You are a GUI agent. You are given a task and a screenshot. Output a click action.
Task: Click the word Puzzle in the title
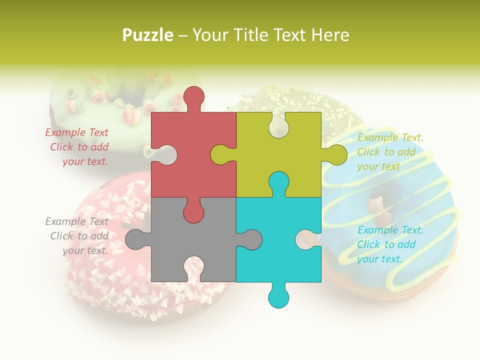pos(148,35)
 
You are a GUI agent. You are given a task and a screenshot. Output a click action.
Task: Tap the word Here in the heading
pos(330,35)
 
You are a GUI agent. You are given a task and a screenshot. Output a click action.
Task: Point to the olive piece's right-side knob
pos(336,154)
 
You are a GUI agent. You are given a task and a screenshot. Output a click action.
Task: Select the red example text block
pos(77,147)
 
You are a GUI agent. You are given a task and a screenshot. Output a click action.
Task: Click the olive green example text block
pos(390,152)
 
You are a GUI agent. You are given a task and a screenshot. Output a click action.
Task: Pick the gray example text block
pos(77,236)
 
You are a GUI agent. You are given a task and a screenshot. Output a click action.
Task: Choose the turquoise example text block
pos(390,244)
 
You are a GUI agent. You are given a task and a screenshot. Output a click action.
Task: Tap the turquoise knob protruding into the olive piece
pos(278,182)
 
